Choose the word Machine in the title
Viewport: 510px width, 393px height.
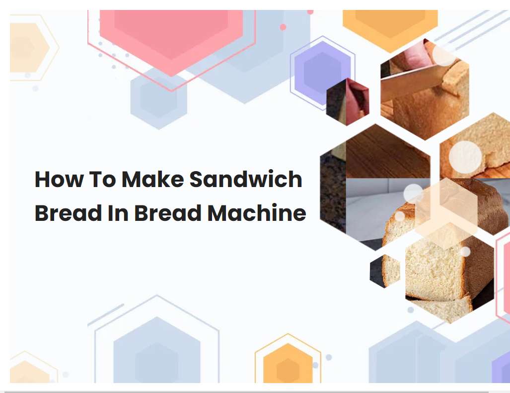tap(256, 213)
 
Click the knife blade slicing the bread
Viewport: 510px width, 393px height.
tap(407, 83)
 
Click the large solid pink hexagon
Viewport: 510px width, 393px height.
tap(172, 35)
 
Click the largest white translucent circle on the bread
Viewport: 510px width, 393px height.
tap(465, 157)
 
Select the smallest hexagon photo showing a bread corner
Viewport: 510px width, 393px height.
tap(385, 271)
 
